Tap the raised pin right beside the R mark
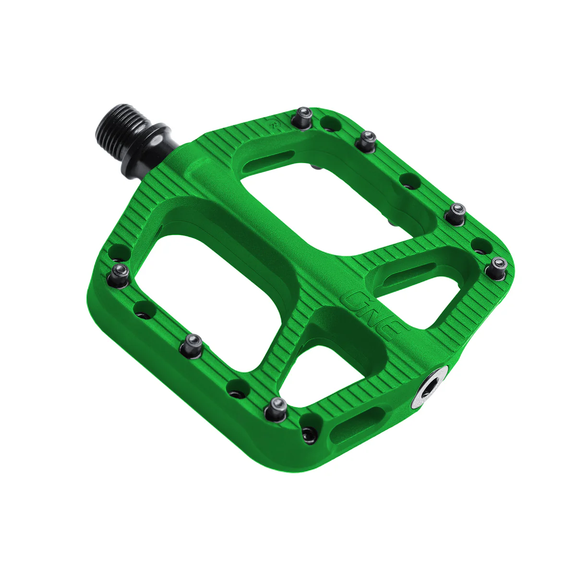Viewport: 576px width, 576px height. (x=304, y=118)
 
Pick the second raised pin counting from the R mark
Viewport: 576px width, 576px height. (x=367, y=139)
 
